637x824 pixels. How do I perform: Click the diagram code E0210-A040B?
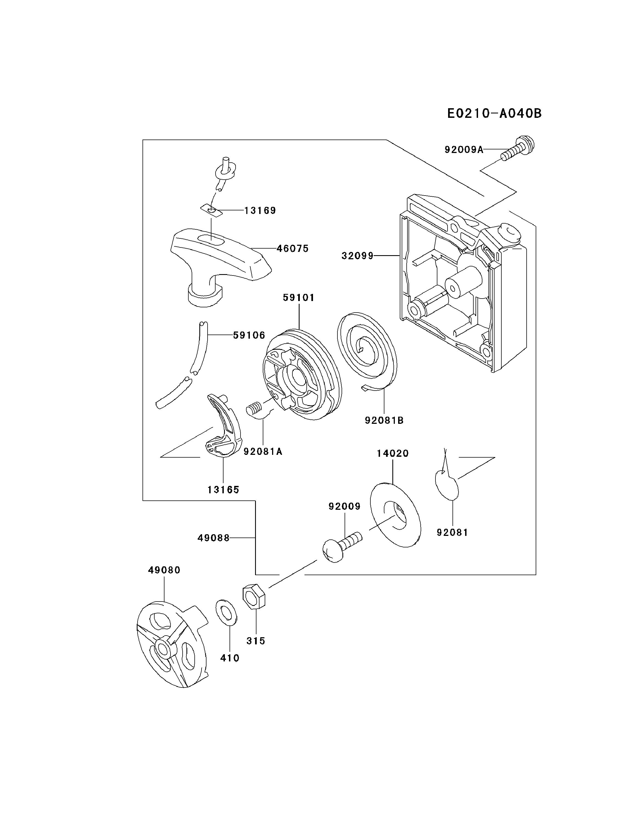click(x=494, y=113)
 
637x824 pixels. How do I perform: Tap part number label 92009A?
click(x=463, y=150)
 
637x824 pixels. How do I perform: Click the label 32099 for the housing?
click(x=357, y=256)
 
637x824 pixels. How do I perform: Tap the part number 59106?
click(x=249, y=335)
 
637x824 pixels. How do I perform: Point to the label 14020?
click(x=393, y=453)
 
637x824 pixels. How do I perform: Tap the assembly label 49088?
click(x=213, y=538)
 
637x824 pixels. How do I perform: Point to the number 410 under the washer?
click(x=230, y=658)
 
